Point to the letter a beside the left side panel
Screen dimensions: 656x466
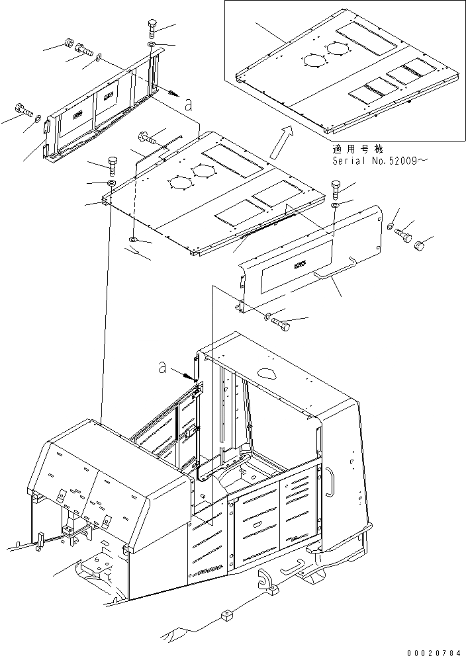tap(189, 104)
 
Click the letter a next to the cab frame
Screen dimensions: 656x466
tap(163, 368)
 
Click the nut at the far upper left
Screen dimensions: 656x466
tap(69, 44)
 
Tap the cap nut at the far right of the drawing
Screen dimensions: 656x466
tap(420, 246)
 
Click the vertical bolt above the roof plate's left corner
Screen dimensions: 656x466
tap(111, 164)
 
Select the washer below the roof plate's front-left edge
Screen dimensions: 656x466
tap(134, 239)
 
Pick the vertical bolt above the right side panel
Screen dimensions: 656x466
tap(336, 190)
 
